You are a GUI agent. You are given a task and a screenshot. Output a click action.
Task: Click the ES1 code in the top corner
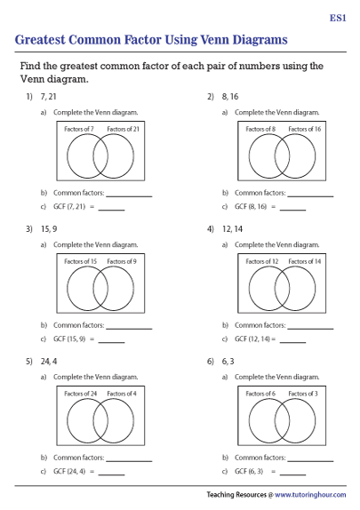coord(338,17)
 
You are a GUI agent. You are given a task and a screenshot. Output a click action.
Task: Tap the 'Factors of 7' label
coord(80,130)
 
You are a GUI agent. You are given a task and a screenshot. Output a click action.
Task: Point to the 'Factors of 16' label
coord(304,130)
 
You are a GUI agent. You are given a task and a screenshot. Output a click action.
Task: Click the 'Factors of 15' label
coord(81,261)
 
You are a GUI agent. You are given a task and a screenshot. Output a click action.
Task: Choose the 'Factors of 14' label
coord(304,261)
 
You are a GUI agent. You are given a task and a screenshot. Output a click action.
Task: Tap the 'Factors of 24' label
coord(81,393)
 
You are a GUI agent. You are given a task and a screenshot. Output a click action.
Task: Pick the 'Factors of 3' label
coord(304,393)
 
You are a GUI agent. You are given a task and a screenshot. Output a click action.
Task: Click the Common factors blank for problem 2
coord(310,193)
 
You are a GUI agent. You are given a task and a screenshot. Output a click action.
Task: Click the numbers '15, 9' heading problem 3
coord(48,228)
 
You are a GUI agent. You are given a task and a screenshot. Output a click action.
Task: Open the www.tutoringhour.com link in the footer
coord(311,495)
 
